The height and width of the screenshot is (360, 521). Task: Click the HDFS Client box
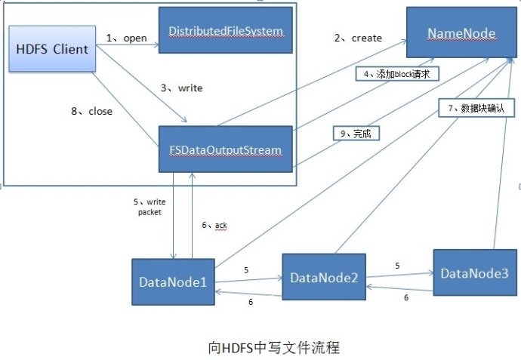(x=52, y=49)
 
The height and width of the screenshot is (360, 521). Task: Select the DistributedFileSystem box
(x=226, y=30)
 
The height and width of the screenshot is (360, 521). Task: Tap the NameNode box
(x=461, y=32)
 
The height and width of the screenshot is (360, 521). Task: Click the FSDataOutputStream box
(x=226, y=149)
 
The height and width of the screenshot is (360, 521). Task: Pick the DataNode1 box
(x=173, y=282)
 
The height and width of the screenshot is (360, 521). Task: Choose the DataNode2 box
(x=324, y=277)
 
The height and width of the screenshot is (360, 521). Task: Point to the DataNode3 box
(x=475, y=272)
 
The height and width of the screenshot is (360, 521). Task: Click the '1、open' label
(x=127, y=38)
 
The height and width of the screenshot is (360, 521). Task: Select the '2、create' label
(x=358, y=38)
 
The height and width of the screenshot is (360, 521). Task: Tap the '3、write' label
(x=182, y=88)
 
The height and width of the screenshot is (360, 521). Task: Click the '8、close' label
(x=91, y=111)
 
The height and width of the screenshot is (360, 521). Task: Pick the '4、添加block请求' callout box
(x=397, y=74)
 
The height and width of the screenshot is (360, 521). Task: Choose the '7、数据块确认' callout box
(x=476, y=108)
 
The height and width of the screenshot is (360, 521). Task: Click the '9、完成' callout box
(x=356, y=134)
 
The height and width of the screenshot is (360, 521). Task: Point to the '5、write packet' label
(x=150, y=207)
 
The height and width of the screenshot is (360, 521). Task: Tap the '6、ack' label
(x=214, y=225)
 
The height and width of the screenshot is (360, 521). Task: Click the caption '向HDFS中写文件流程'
(x=274, y=348)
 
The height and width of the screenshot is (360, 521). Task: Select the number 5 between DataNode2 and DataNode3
(x=397, y=266)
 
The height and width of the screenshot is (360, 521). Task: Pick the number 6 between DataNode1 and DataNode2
(x=251, y=302)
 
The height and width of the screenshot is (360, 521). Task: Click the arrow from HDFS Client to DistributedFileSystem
(x=128, y=45)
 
